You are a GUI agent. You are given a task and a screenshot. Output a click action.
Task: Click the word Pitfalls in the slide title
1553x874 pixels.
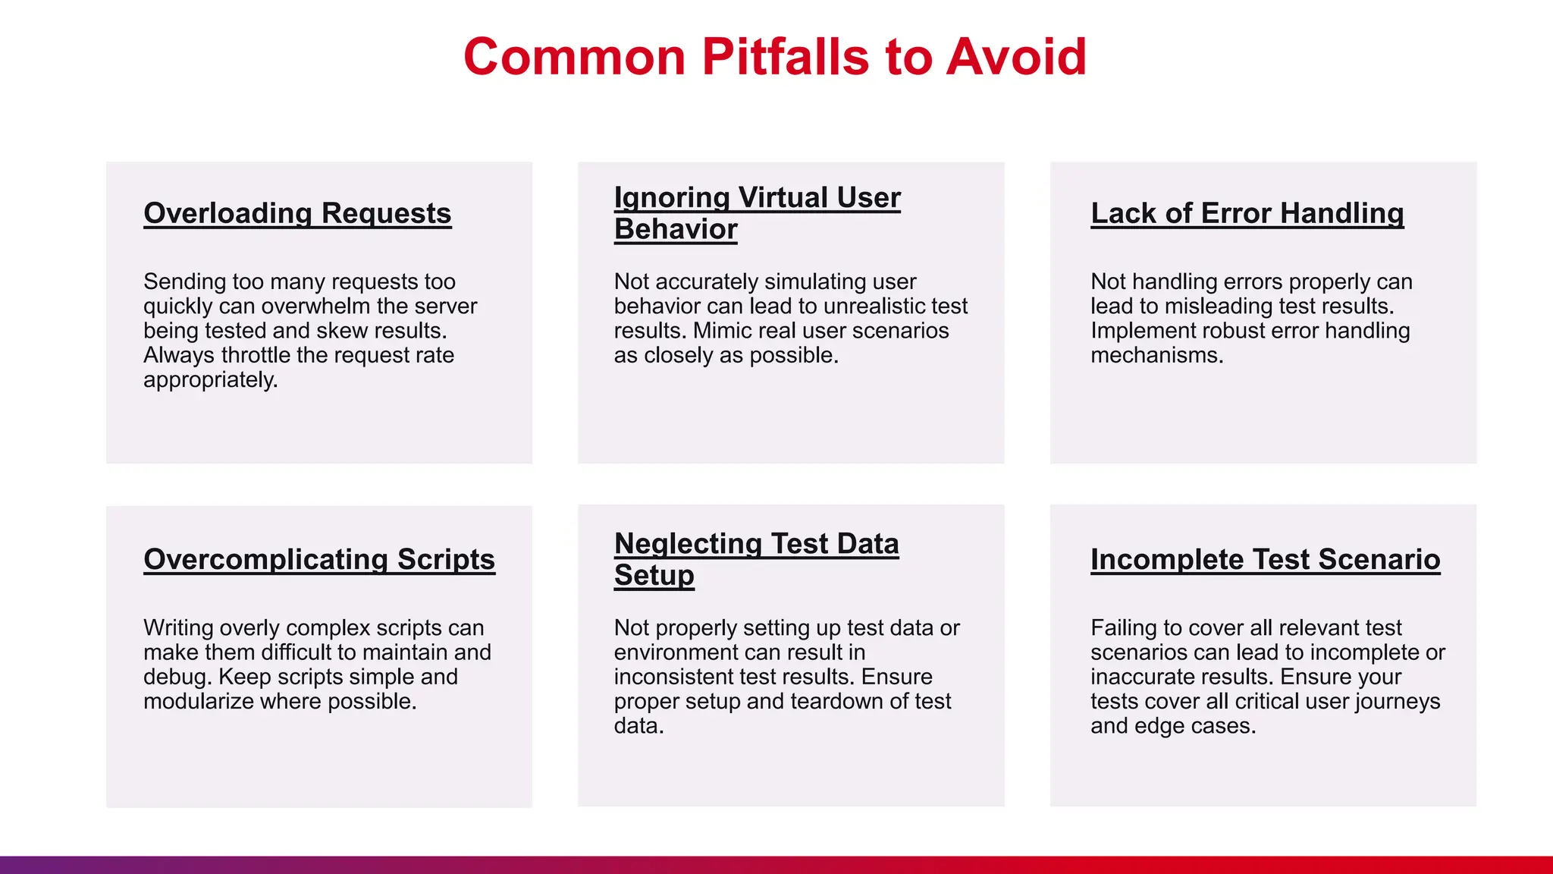pyautogui.click(x=786, y=57)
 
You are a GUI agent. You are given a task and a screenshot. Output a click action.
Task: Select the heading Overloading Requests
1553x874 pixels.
pyautogui.click(x=297, y=213)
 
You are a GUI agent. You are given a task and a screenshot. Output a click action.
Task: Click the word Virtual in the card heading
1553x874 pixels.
pyautogui.click(x=783, y=197)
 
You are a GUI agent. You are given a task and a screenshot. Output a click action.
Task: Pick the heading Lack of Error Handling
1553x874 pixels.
pyautogui.click(x=1247, y=213)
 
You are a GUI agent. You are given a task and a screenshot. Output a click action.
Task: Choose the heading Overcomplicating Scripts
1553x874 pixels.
pyautogui.click(x=319, y=559)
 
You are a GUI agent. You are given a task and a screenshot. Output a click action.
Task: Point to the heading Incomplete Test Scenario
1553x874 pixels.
pyautogui.click(x=1265, y=559)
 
